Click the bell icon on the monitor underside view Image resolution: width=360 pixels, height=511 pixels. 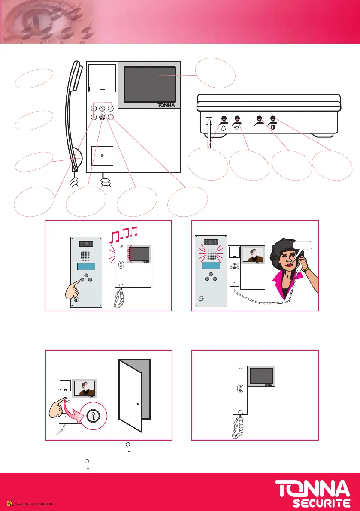[224, 128]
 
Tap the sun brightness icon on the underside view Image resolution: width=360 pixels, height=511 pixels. [237, 128]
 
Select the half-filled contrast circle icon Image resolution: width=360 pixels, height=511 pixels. [273, 128]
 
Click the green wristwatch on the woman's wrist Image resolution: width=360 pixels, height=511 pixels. [305, 269]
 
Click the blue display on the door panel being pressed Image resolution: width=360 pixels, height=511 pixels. [85, 266]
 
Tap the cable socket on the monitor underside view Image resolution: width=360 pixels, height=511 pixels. [210, 121]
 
